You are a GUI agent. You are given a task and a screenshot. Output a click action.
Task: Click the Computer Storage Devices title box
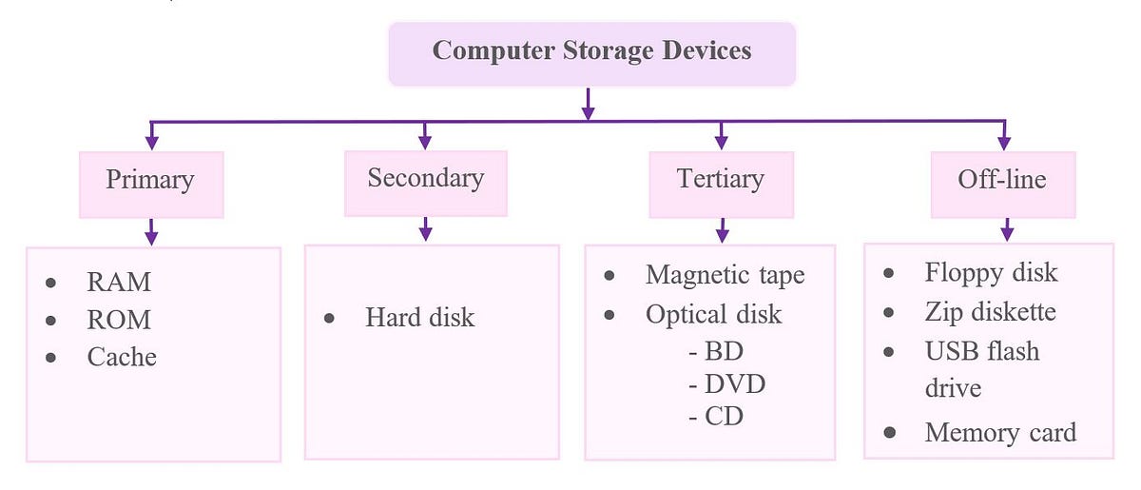591,52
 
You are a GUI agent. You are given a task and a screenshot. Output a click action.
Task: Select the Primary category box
150,180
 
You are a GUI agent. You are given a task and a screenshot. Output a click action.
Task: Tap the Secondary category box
425,178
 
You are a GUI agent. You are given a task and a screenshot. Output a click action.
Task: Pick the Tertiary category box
720,180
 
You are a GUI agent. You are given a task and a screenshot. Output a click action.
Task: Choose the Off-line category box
1002,180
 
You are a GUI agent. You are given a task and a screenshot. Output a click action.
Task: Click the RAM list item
119,283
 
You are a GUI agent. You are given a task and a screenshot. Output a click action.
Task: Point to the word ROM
119,320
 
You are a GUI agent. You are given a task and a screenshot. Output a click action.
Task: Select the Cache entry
122,357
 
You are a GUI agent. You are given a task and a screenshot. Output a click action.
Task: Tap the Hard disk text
419,318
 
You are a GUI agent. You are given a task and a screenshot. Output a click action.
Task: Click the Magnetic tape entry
725,275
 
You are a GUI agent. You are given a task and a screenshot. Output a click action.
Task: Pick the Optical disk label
713,314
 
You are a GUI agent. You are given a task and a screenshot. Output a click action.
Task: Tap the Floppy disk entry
991,273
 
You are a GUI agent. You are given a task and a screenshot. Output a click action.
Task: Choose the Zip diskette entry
990,312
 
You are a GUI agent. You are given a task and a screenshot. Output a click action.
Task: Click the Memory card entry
1000,433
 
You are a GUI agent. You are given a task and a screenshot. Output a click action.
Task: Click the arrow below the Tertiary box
722,230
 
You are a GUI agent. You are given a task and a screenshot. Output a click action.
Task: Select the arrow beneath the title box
589,104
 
